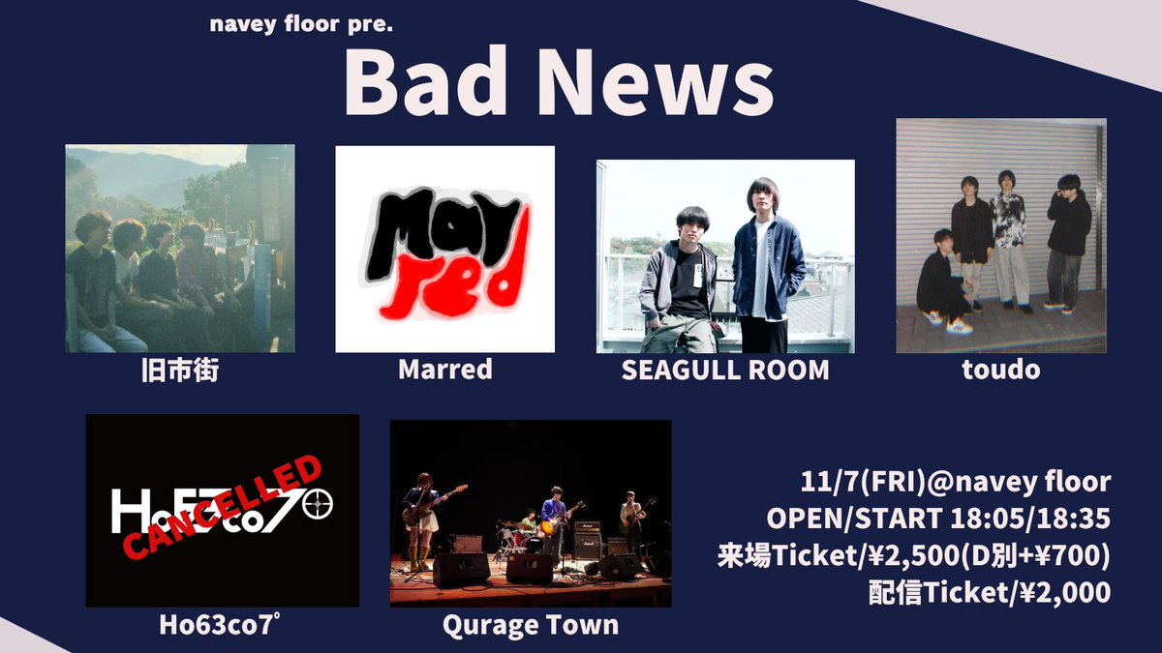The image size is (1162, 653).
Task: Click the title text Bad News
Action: (558, 84)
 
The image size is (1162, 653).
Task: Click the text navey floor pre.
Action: (300, 22)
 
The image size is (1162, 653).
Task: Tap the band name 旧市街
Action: (180, 370)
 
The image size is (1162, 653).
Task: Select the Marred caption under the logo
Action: (444, 370)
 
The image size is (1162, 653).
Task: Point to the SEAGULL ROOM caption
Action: (725, 370)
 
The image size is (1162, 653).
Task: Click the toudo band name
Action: (1001, 370)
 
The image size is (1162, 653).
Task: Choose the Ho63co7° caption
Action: (222, 625)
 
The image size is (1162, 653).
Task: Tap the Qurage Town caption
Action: (530, 625)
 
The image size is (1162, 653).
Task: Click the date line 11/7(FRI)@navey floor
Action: (955, 481)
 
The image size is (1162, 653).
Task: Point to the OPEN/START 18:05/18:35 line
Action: (937, 519)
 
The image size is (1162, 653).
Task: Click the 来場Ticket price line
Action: (913, 556)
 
